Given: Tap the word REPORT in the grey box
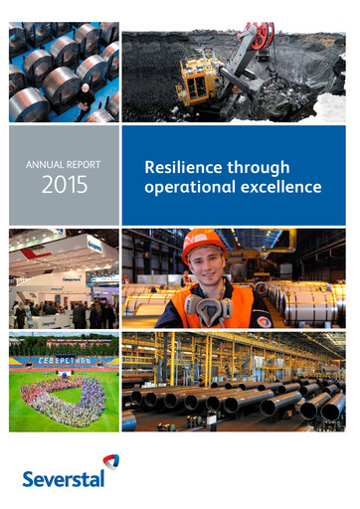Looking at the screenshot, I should click(x=83, y=164).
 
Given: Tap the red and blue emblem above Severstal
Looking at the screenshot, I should click(x=110, y=462).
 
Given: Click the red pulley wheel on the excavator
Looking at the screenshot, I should click(x=263, y=37).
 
